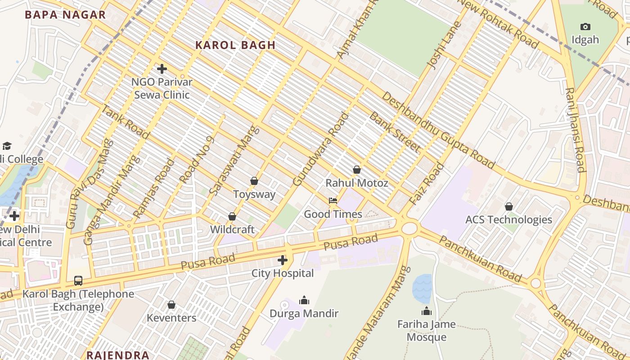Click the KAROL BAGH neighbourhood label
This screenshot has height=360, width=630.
235,45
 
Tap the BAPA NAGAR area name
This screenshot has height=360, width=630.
65,14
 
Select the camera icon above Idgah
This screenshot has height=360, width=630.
585,27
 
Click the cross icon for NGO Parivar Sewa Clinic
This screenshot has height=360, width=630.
162,69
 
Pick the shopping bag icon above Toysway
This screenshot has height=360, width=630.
254,181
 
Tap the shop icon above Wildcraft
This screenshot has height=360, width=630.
232,216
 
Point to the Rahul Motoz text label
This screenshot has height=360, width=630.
356,183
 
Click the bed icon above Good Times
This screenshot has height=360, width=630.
333,201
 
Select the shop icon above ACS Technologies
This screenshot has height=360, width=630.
508,207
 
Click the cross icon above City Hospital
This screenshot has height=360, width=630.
283,260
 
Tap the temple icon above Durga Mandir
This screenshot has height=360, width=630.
304,300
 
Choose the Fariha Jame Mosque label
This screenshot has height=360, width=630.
426,330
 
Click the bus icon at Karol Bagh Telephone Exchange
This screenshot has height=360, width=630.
78,281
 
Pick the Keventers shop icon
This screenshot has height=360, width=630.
171,305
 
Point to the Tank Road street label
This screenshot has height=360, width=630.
125,121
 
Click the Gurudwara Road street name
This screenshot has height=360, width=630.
321,149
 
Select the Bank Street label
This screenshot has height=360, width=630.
395,132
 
